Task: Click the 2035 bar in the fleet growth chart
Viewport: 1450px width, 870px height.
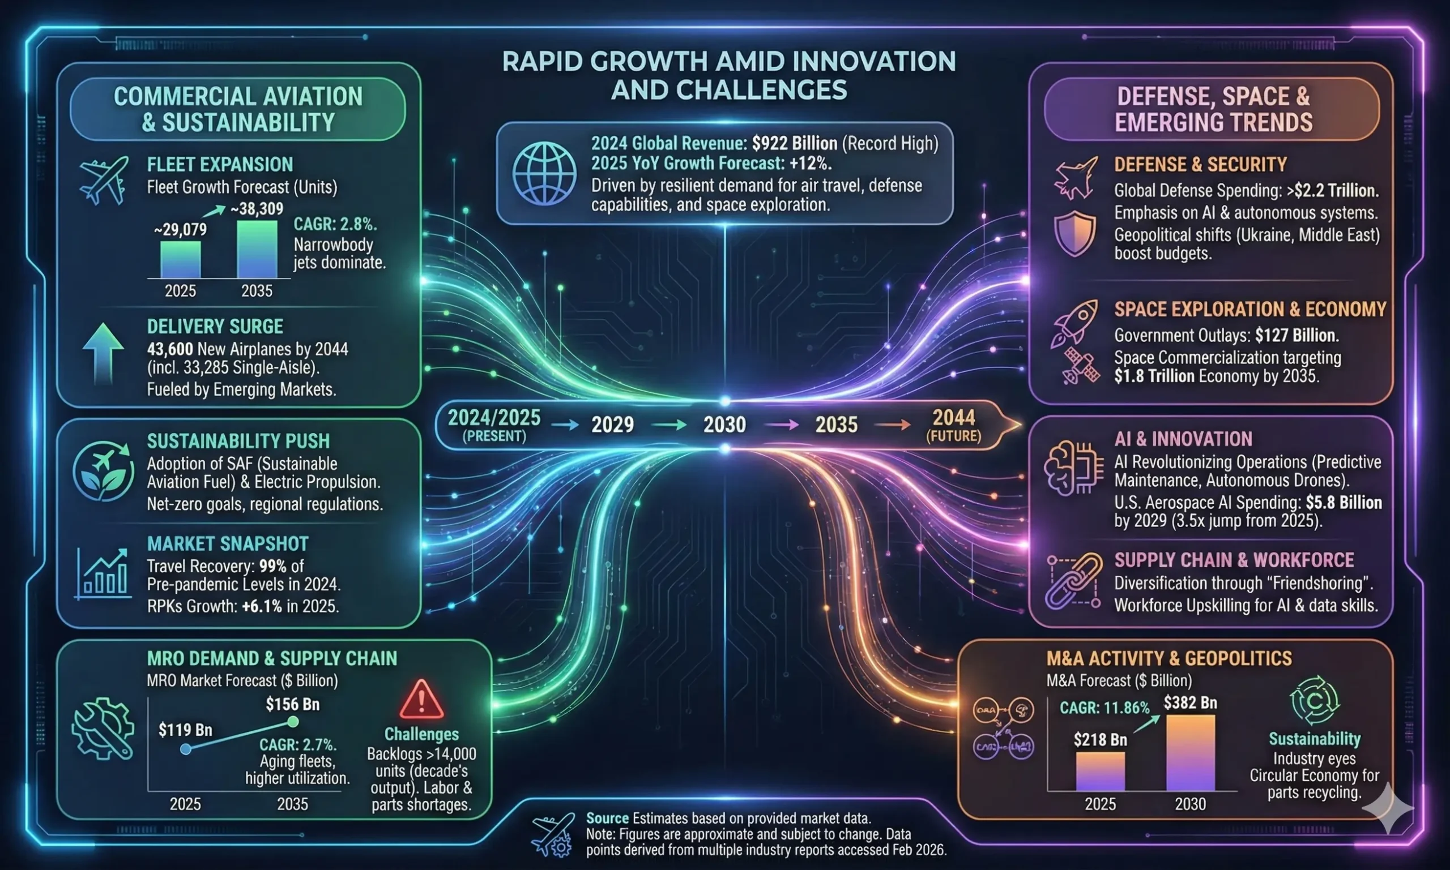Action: pos(257,249)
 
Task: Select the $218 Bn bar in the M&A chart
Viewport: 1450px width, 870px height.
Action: pos(1101,772)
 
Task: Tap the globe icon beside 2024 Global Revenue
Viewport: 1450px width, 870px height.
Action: pos(544,174)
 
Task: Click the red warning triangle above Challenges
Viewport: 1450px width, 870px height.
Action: pos(421,700)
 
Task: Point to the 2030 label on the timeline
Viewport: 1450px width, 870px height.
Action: pos(724,425)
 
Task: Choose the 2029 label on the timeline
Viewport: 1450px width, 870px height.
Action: pos(612,425)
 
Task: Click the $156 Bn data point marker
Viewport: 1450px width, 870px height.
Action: pos(292,722)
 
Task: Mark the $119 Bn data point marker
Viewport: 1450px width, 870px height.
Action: pos(185,749)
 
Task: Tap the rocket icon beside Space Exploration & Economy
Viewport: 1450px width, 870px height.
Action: pos(1074,321)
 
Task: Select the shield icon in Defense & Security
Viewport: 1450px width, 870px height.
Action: pos(1074,233)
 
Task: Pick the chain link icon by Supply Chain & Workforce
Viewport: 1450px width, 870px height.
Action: pos(1073,580)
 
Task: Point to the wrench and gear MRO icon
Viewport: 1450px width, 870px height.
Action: pos(103,728)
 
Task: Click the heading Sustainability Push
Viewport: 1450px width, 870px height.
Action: pos(238,441)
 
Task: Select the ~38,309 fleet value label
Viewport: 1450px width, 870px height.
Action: pos(257,209)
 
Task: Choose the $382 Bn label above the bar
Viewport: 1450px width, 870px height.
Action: pos(1190,703)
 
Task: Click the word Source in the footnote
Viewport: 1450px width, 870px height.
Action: pos(607,818)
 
